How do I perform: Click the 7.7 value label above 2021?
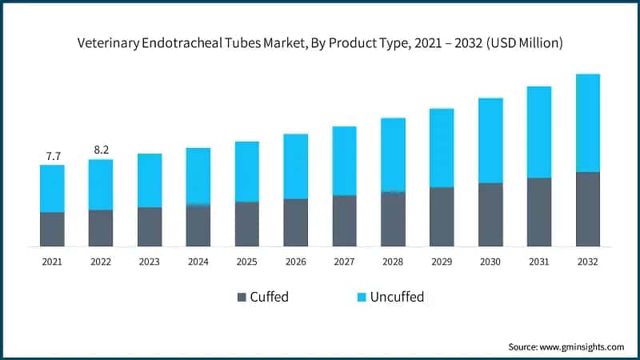(53, 156)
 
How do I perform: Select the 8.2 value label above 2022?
(101, 150)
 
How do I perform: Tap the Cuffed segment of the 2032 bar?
(588, 209)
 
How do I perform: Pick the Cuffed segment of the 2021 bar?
(53, 229)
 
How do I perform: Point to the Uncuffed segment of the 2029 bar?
(442, 148)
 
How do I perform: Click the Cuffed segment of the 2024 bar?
(198, 226)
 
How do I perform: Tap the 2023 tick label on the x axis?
(150, 261)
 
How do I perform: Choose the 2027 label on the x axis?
(344, 261)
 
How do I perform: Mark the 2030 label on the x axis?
(490, 261)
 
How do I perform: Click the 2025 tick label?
(247, 261)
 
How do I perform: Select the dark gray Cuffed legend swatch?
(242, 298)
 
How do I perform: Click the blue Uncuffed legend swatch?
(362, 298)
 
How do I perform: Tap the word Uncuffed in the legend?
(398, 298)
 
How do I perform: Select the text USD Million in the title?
(527, 43)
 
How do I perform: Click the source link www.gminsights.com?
(583, 346)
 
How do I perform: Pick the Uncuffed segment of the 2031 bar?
(539, 132)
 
